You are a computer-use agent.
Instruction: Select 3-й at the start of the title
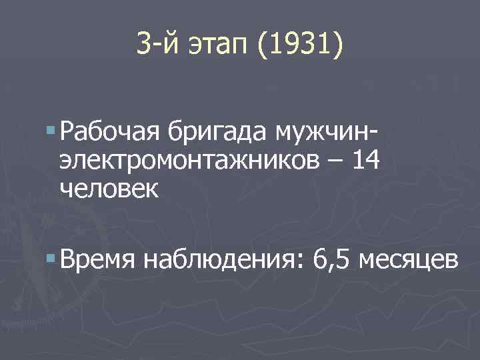click(155, 45)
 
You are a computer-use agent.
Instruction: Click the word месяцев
click(408, 257)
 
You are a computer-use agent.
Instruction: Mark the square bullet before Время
click(52, 253)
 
